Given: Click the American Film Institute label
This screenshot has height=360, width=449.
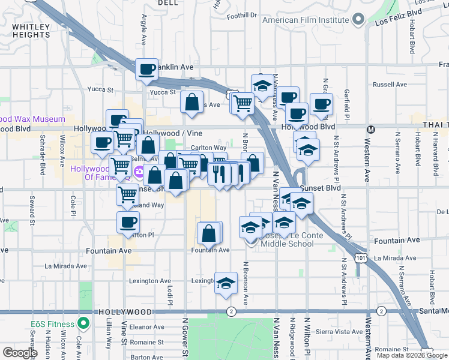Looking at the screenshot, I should coord(306,20).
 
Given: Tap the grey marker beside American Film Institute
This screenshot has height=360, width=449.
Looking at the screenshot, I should coord(358,19).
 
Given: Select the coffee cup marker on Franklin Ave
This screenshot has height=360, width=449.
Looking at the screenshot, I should coord(146,70).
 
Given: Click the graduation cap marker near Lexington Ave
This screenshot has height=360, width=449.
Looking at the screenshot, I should coord(226,284).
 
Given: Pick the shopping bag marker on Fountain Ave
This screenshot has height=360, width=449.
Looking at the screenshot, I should coord(208,233).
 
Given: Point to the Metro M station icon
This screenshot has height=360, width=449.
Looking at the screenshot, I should coord(371,129).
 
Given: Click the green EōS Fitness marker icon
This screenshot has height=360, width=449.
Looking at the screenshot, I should coord(83,325).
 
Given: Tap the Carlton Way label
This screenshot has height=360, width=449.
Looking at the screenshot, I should coord(208,148).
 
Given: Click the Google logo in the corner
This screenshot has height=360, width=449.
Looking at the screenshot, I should coord(20,352).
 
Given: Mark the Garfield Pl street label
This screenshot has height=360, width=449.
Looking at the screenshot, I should coord(347,101).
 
